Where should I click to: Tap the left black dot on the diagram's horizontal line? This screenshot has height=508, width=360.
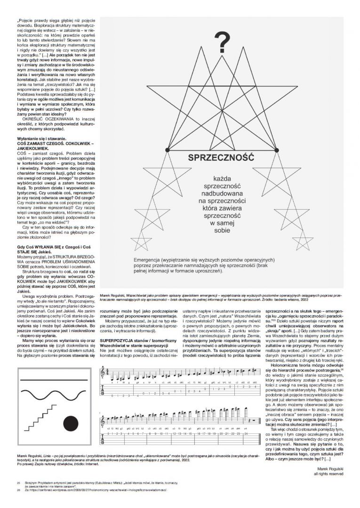pos(167,150)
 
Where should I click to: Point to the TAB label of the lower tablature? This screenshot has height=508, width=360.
pos(103,434)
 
